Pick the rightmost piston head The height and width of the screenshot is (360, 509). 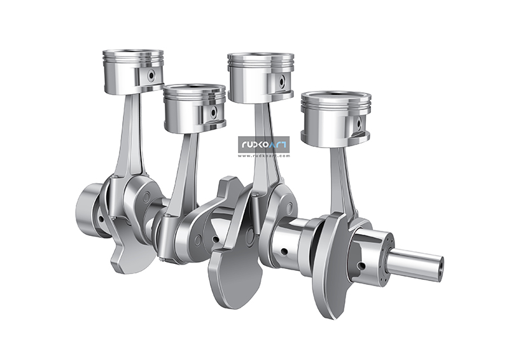click(x=335, y=118)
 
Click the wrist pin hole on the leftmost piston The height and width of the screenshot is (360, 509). click(x=151, y=75)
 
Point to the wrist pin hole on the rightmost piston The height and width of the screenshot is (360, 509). click(x=358, y=122)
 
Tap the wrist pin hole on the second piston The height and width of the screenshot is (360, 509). click(x=214, y=113)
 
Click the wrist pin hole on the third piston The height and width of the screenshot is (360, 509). click(x=281, y=81)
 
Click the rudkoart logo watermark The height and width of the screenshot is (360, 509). click(x=264, y=146)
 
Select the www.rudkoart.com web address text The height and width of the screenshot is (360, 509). click(x=264, y=155)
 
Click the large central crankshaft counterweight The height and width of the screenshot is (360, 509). click(x=235, y=267)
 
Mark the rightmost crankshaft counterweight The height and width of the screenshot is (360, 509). click(x=331, y=267)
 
